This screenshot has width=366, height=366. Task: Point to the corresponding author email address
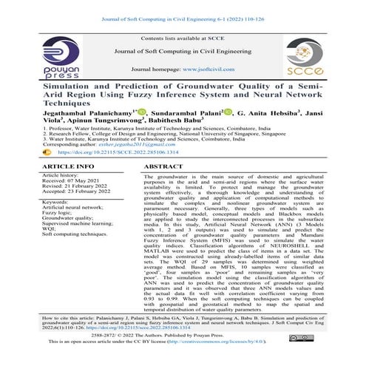pyautogui.click(x=135, y=146)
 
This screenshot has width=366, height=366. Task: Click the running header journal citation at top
pyautogui.click(x=182, y=8)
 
